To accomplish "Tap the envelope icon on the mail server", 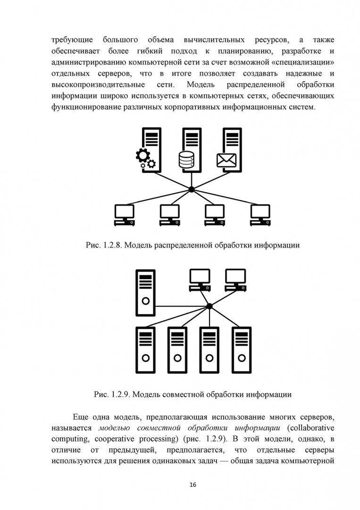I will [x=226, y=160].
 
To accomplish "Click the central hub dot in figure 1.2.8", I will [x=192, y=189].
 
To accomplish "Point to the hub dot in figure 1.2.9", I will [x=209, y=306].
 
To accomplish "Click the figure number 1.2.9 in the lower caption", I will [x=121, y=393].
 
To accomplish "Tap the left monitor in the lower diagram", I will [x=200, y=279].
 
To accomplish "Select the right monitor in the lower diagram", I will [x=236, y=279].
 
